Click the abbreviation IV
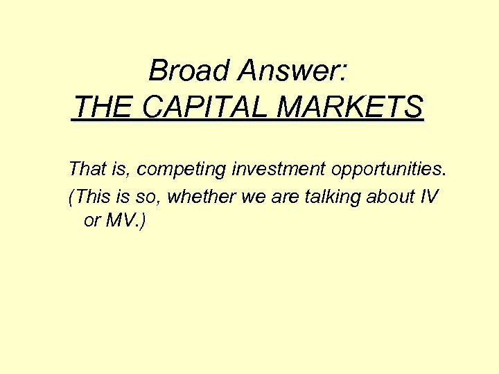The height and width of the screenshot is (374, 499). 429,197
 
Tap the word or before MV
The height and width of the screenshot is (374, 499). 91,222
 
